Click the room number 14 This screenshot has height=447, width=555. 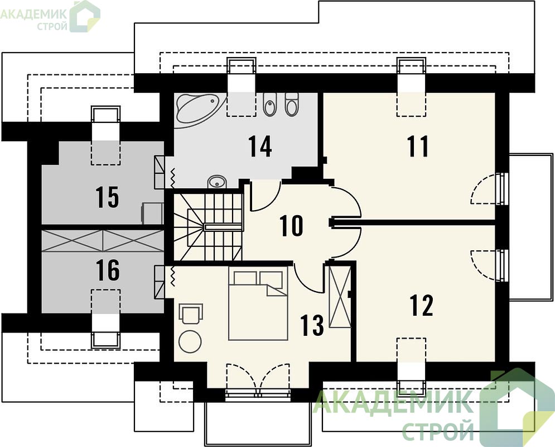260,146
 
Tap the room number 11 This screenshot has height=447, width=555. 418,146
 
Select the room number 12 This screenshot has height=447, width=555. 421,305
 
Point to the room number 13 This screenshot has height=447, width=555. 312,325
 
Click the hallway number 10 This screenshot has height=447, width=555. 291,225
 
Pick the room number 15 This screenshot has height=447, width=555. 107,197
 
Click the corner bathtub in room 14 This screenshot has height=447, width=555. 200,108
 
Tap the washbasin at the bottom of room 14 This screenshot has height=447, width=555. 216,182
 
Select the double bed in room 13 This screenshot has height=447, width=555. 258,303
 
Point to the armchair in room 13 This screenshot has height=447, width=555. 191,313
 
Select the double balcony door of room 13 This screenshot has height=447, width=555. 258,379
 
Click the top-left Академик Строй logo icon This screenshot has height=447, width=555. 85,16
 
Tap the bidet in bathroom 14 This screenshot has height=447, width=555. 270,104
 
